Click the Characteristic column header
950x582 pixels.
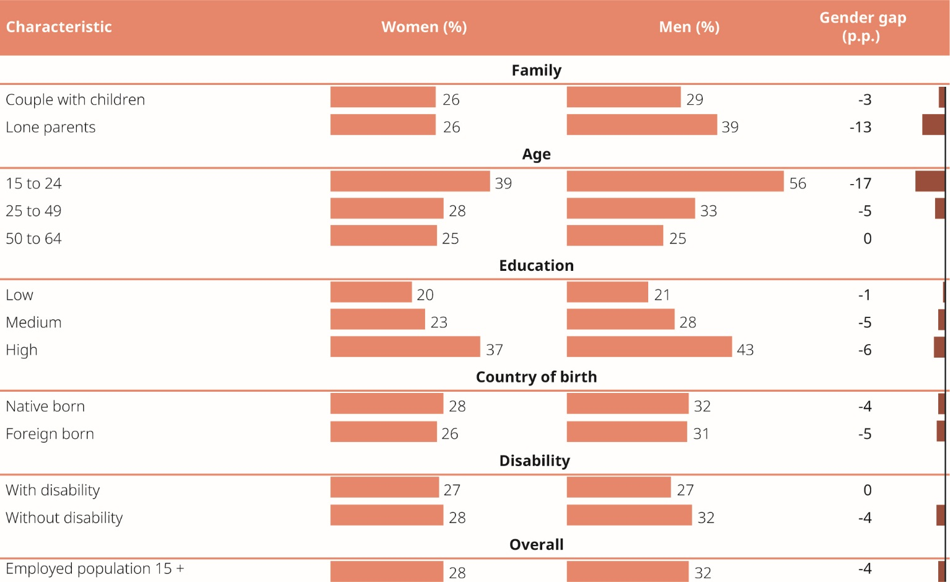59,27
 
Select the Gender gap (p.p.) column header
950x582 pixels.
862,27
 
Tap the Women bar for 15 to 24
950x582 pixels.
410,181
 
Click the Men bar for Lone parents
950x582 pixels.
641,125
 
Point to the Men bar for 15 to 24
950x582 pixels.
675,181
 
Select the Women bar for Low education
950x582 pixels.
371,292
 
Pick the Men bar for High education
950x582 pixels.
649,347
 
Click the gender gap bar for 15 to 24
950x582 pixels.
930,181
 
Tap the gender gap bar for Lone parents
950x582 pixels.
933,125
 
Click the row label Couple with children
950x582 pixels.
75,100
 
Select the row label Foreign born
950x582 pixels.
50,434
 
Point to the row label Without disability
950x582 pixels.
64,518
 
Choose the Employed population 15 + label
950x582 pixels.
95,568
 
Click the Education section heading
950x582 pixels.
536,265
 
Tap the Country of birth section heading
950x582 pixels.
536,377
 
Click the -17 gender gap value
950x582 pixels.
860,183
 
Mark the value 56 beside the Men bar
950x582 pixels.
798,183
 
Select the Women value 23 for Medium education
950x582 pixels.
439,322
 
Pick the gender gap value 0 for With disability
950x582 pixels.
867,490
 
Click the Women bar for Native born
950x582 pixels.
386,403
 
